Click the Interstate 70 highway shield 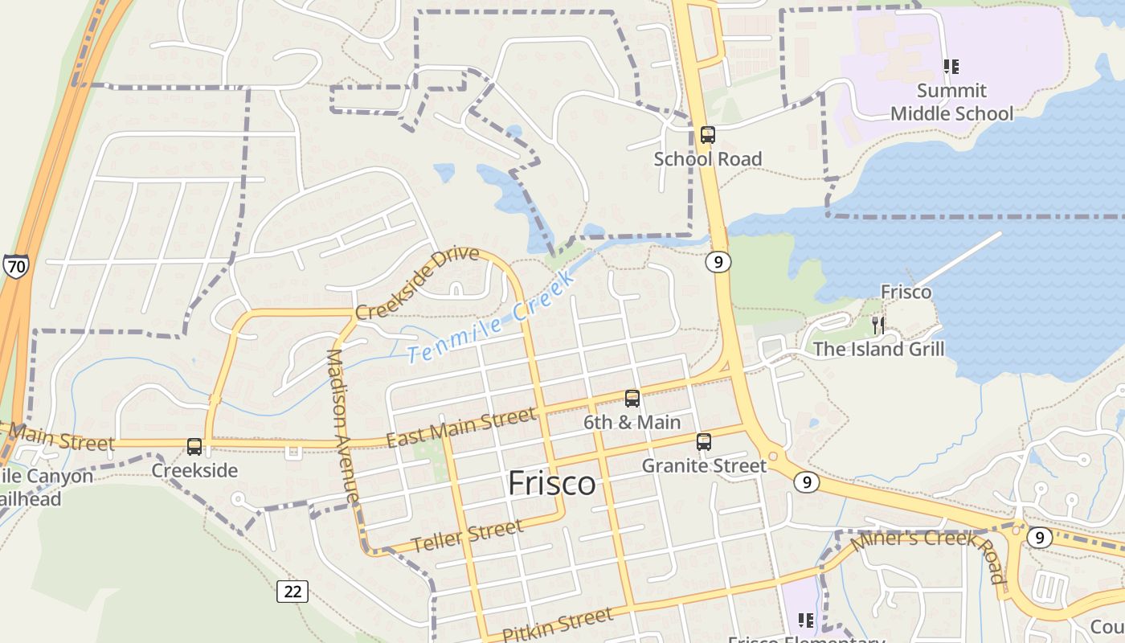point(15,265)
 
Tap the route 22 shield point(292,592)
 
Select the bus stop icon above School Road point(707,134)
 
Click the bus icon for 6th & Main point(632,398)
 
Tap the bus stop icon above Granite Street point(704,441)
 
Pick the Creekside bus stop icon point(194,447)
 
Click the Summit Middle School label point(951,102)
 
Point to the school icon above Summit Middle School point(951,66)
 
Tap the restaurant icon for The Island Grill point(878,325)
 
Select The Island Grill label point(878,350)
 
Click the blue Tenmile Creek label point(491,318)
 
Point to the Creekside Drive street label point(417,283)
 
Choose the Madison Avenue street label point(342,426)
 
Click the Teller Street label point(468,536)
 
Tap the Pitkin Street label point(558,625)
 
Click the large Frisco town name point(552,483)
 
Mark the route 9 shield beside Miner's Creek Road point(1040,537)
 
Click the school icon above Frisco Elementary point(806,620)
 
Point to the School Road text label point(707,159)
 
